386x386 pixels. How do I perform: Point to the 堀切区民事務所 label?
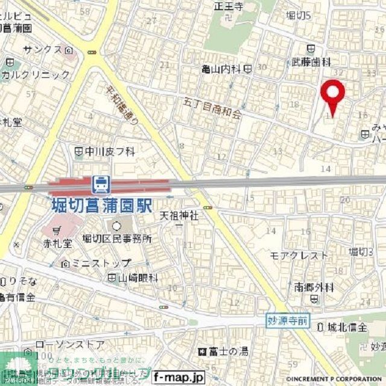(117, 239)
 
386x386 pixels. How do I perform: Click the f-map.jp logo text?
(179, 378)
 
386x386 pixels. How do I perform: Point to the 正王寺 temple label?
(228, 7)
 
